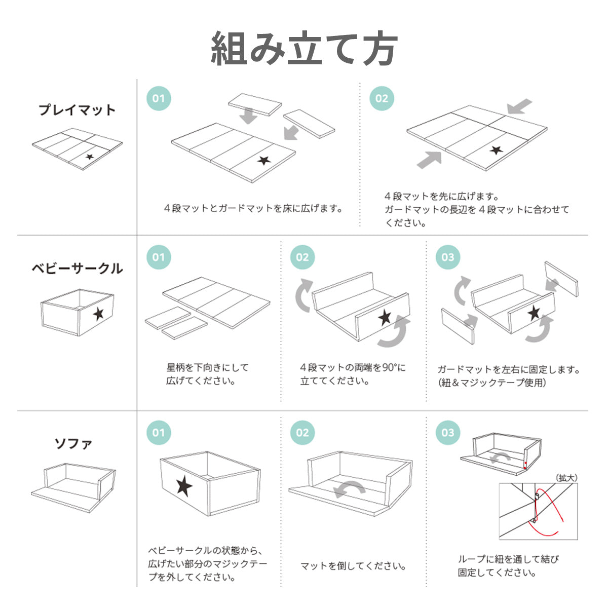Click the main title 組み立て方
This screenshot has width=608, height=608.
tap(304, 48)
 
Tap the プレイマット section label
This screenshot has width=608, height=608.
tap(77, 110)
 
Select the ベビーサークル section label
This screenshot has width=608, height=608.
tap(77, 269)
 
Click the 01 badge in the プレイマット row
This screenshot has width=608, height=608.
tap(159, 98)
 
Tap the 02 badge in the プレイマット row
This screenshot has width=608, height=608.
tap(382, 98)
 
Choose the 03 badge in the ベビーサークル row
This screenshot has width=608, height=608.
tap(448, 257)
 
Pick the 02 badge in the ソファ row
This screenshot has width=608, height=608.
tap(302, 433)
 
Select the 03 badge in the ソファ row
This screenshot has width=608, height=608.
tap(448, 433)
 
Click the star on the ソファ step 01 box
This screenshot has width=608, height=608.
tap(184, 486)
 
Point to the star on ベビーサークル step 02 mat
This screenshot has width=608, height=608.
tap(385, 317)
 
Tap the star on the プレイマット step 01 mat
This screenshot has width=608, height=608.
tap(264, 161)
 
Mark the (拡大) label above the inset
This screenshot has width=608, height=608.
tap(566, 478)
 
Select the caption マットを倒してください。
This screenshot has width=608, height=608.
tap(353, 566)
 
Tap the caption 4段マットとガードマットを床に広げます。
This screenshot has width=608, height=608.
tap(253, 208)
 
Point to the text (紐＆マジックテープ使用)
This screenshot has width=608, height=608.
tap(492, 383)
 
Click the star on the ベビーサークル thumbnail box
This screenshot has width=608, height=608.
tap(98, 314)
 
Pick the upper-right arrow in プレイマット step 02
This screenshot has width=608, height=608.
tap(520, 106)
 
